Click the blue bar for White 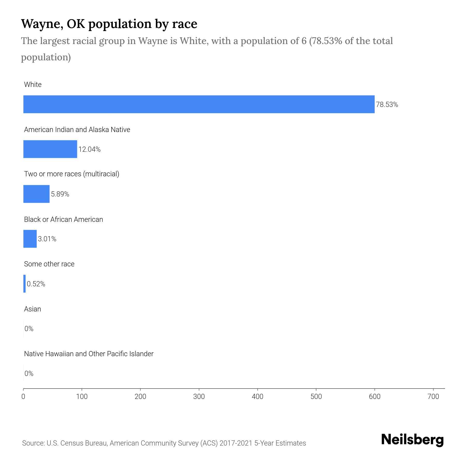click(x=199, y=104)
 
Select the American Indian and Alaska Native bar click(x=50, y=149)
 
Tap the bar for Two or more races click(x=36, y=194)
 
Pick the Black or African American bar click(x=30, y=239)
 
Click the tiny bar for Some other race click(x=25, y=284)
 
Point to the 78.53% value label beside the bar click(x=387, y=105)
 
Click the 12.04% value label click(x=90, y=149)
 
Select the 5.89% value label click(x=60, y=194)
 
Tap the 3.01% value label click(x=47, y=239)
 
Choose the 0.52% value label click(x=36, y=284)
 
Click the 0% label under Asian click(x=29, y=329)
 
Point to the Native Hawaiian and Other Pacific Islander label click(x=89, y=354)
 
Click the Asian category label click(x=32, y=309)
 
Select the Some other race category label click(x=49, y=264)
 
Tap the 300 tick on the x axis click(x=199, y=396)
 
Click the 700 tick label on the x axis click(x=433, y=396)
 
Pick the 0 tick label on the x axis click(x=23, y=396)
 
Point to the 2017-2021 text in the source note click(x=236, y=443)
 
